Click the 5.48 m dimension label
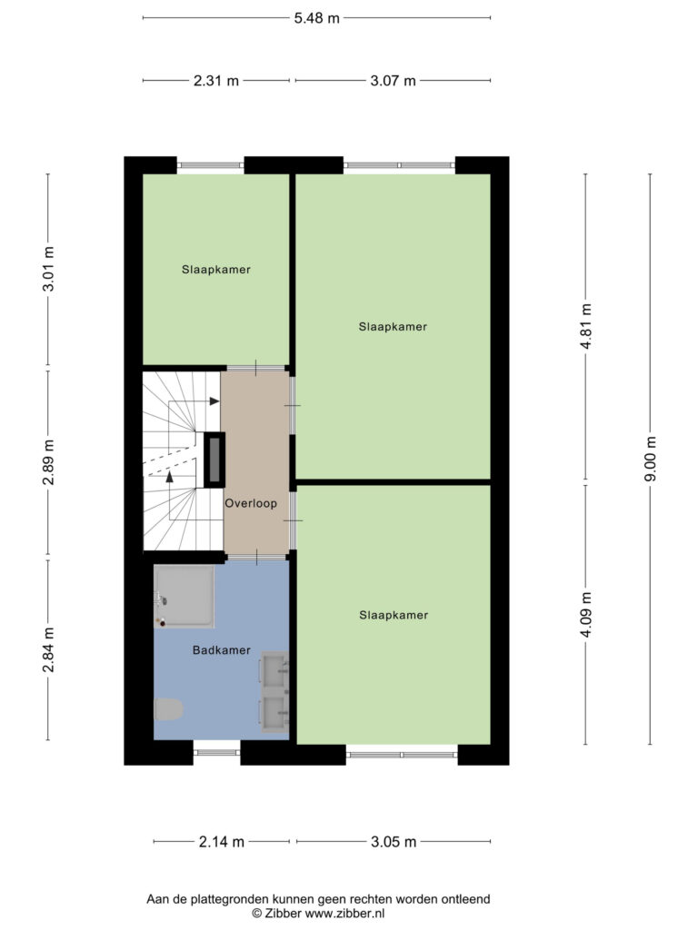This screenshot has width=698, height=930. coord(317,18)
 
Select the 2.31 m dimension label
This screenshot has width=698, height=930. coord(216,81)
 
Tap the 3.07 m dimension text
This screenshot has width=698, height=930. coord(393,81)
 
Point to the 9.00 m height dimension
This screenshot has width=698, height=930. coord(651,459)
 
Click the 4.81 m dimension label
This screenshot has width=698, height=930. coord(586,326)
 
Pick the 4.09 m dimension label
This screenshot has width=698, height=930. coord(586,615)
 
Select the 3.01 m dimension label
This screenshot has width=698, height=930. coord(49,269)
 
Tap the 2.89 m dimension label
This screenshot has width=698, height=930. coord(49,462)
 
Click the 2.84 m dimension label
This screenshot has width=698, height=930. coord(49,650)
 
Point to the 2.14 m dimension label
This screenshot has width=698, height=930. coord(222,842)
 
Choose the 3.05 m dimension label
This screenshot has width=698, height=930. coord(394,842)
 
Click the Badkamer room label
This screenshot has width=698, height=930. coord(222,650)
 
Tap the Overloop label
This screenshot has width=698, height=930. coord(251,503)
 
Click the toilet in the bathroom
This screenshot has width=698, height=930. coord(168,708)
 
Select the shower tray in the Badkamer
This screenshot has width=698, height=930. coord(184,596)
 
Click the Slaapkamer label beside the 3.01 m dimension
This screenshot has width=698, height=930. coord(216,270)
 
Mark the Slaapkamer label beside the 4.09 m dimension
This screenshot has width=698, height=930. coord(394,616)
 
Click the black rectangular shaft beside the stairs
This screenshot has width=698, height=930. coord(214,460)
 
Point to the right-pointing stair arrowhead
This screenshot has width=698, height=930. coord(214,401)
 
